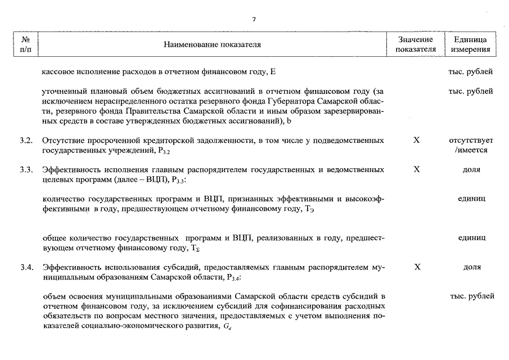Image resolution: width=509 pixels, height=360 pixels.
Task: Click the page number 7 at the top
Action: coord(254,19)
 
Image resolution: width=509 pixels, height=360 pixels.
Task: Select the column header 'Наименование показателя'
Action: coord(212,44)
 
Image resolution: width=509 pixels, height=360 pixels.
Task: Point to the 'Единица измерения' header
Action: coord(471,44)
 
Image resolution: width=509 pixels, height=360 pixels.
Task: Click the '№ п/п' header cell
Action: coord(25,44)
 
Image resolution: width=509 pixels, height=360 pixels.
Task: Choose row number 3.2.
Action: coord(26,139)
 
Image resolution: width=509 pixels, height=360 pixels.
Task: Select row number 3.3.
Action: coord(26,169)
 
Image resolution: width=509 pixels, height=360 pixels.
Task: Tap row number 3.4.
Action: coord(26,267)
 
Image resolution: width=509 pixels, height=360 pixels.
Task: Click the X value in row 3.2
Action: coord(416,139)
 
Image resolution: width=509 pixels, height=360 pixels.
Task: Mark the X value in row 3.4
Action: coord(416,267)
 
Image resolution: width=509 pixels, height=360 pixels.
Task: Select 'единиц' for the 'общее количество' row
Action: coord(471,238)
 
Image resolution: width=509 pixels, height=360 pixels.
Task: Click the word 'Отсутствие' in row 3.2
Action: coord(64,139)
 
